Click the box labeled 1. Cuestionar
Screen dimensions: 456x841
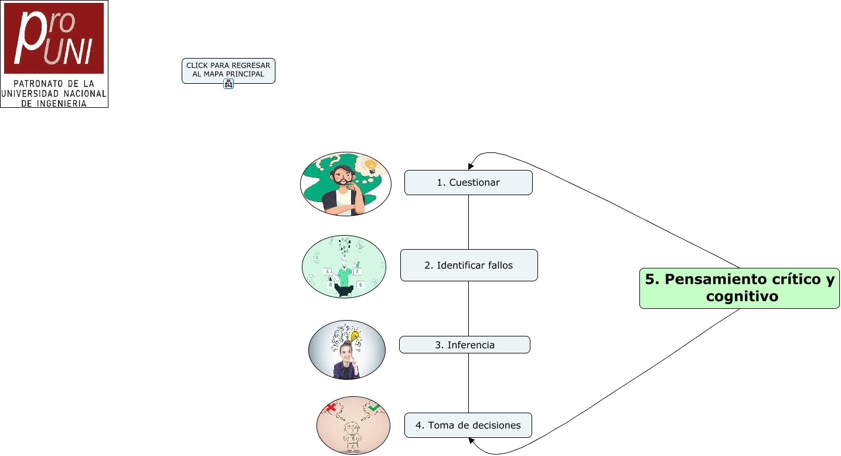468,182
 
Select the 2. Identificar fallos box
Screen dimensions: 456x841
469,265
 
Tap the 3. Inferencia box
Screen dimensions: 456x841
465,345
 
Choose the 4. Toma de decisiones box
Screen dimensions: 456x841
468,425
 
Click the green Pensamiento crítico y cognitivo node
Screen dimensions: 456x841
739,288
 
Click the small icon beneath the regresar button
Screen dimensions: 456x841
229,84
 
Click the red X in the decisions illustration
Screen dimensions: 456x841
331,407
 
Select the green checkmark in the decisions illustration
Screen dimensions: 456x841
374,407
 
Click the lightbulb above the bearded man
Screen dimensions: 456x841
370,166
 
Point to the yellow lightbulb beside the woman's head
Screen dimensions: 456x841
355,336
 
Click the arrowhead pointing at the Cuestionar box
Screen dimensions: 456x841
471,166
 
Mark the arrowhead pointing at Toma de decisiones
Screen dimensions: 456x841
471,440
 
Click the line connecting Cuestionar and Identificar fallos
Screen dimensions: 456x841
468,222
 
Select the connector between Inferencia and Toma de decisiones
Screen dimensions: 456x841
468,383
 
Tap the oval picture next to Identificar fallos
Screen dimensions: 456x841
344,267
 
